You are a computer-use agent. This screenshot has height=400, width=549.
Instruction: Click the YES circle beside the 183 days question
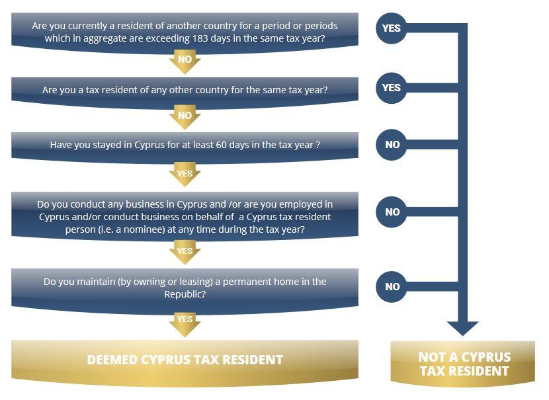(392, 29)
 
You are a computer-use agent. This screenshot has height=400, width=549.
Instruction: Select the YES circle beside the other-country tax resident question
(392, 87)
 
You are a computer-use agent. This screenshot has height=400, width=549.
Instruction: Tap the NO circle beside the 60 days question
(392, 144)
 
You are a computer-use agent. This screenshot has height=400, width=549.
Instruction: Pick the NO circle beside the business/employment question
(392, 212)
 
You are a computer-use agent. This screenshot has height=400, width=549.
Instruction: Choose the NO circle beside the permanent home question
(392, 286)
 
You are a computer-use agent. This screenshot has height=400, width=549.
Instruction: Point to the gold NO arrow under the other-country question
(185, 116)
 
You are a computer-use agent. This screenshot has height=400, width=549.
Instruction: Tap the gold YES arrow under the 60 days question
(185, 175)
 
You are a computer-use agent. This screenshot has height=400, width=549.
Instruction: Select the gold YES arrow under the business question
(185, 252)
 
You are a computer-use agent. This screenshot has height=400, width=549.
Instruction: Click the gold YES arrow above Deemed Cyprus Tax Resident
(185, 320)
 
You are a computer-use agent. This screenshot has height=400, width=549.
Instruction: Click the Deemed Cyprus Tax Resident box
(185, 360)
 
